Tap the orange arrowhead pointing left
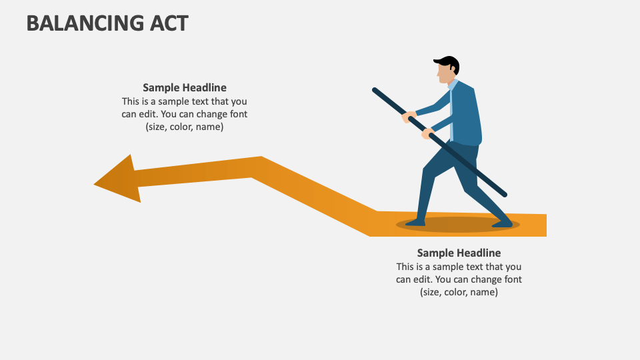(x=120, y=179)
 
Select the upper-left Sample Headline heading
(x=185, y=87)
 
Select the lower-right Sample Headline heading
(x=459, y=253)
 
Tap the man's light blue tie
(x=452, y=110)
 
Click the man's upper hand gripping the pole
(x=409, y=117)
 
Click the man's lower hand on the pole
(x=427, y=134)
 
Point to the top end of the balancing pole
(x=375, y=90)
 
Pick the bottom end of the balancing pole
(x=504, y=194)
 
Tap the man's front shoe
(x=415, y=222)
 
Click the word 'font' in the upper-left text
(x=237, y=114)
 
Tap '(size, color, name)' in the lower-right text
(x=459, y=292)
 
